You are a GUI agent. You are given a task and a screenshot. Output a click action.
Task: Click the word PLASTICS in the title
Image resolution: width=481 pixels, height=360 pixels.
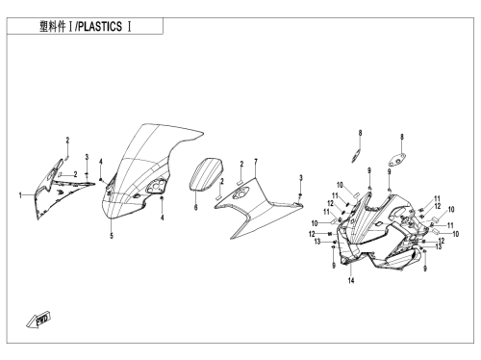pos(100,26)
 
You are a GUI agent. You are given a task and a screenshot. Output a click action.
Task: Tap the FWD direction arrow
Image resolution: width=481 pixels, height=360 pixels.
pos(38,320)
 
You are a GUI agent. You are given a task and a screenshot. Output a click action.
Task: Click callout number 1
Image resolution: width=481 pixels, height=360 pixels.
pos(20,195)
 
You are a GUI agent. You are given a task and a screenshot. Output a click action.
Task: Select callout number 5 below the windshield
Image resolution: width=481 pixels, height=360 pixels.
pos(112,236)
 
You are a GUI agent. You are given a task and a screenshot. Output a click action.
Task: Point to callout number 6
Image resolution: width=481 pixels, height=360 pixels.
pos(195,208)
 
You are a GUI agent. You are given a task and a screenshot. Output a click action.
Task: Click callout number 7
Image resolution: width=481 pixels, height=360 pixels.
pos(256,162)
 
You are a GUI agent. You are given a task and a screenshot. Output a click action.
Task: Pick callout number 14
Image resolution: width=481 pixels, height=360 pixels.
pos(351,280)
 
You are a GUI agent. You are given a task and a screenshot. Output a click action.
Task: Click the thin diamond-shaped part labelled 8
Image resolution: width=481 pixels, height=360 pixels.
pos(355,156)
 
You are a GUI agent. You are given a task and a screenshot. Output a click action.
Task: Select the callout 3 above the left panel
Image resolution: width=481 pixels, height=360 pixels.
pos(87,157)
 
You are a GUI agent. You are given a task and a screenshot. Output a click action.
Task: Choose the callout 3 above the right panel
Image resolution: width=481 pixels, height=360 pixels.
pos(301,177)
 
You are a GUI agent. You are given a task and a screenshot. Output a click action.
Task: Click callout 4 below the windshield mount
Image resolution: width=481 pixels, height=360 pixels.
pos(162,218)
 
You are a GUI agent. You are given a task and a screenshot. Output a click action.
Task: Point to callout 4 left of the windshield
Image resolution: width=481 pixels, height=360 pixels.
pos(101,162)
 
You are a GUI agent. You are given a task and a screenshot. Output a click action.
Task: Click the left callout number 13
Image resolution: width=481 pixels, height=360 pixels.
pos(317,242)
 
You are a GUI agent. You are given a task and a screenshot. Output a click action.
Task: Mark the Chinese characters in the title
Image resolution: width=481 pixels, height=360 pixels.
pos(52,26)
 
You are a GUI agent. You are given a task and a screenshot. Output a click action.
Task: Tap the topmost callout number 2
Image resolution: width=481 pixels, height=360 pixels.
pos(67,141)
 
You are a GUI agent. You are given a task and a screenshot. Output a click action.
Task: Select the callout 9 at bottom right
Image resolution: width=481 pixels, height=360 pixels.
pos(425,269)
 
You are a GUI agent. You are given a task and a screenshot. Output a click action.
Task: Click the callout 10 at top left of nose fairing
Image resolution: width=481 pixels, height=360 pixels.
pos(340,185)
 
